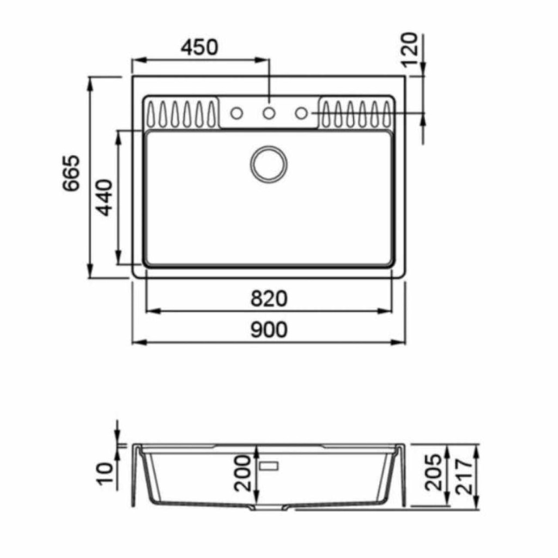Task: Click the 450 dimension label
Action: tap(199, 47)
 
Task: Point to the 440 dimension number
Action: tap(105, 198)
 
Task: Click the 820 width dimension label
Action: tap(269, 299)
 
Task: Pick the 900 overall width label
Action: tap(269, 330)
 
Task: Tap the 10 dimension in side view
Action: tap(104, 472)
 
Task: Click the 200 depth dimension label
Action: tap(242, 473)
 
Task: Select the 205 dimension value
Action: tap(433, 472)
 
